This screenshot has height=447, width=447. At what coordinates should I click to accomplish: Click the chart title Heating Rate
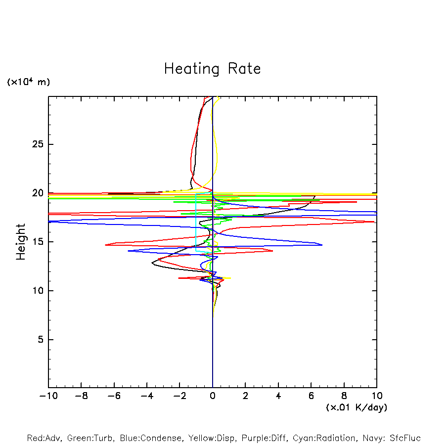212,69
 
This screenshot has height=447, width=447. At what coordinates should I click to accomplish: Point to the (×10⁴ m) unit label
28,82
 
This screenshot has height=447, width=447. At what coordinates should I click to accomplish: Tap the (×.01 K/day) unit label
357,407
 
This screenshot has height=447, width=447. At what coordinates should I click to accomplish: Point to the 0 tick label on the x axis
213,396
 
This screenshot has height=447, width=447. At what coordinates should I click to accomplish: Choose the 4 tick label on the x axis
278,396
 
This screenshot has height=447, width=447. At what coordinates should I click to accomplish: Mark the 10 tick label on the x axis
377,396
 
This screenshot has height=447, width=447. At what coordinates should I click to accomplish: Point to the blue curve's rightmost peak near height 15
322,245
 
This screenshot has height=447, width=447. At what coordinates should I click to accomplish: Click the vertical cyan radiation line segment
196,223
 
